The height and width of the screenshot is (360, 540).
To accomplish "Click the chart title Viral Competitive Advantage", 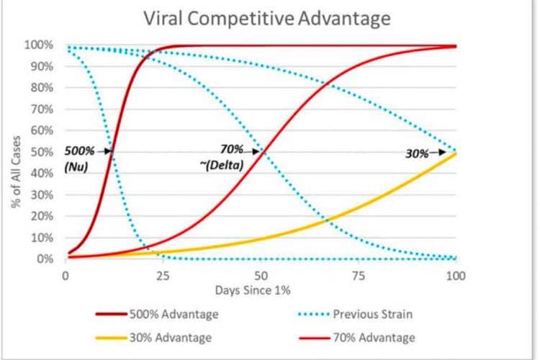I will point(266,18).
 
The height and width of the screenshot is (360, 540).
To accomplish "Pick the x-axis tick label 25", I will point(163,274).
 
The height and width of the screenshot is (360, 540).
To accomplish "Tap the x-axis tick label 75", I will point(358,274).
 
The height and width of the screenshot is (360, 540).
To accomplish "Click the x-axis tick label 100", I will point(455,274).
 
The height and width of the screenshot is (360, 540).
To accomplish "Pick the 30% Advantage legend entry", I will point(166,337).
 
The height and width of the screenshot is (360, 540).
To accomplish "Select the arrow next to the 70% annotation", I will point(255,152).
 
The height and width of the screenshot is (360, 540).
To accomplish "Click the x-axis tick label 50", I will point(261,274).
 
